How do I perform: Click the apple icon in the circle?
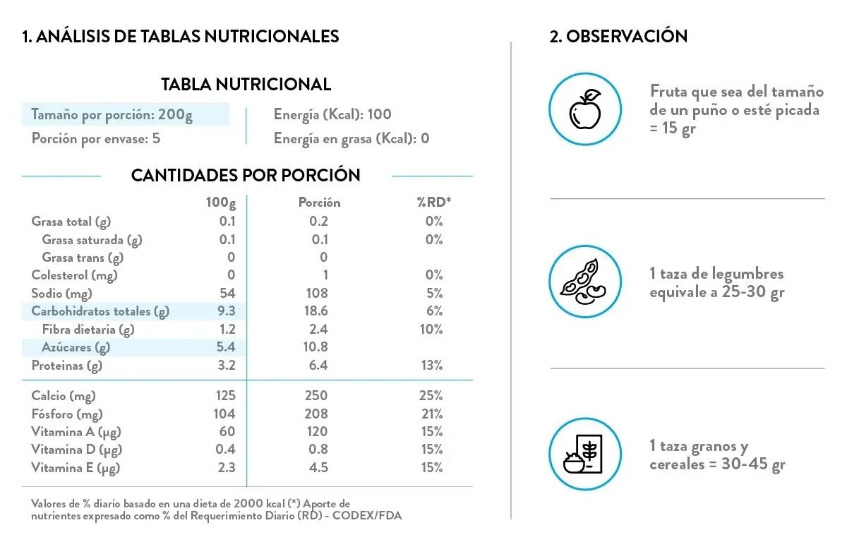[x=585, y=109]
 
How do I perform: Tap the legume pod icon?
[x=585, y=282]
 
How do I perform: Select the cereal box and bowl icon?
[x=585, y=454]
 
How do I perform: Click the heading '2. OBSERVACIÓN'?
[x=618, y=36]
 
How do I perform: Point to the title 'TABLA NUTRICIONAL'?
[x=246, y=85]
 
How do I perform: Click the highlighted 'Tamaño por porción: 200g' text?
[x=112, y=114]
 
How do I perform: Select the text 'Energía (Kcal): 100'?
[x=332, y=114]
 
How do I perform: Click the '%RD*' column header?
[x=433, y=203]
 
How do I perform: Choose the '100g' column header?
[x=221, y=203]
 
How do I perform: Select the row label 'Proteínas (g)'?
[x=67, y=366]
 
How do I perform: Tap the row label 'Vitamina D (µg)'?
[x=76, y=450]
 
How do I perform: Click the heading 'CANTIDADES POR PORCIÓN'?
[x=246, y=175]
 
